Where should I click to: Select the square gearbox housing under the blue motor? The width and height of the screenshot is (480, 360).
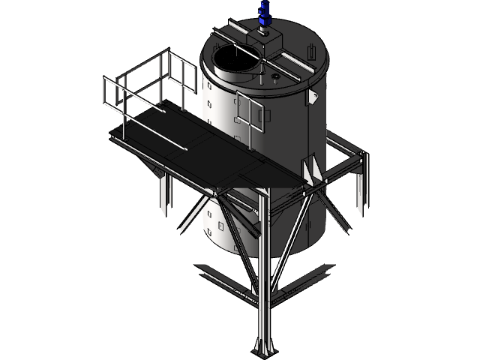267,40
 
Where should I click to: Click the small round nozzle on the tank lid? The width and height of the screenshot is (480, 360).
275,76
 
